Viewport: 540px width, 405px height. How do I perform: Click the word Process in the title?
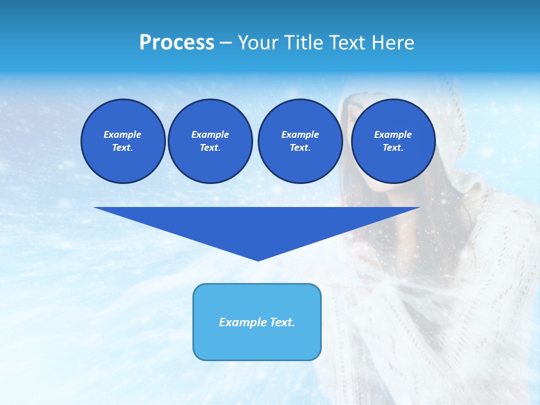(177, 43)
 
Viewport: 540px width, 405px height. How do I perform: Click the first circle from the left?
(123, 141)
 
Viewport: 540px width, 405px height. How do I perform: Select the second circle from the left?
(210, 141)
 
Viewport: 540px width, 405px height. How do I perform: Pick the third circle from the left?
(300, 141)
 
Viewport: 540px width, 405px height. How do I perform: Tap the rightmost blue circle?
(393, 141)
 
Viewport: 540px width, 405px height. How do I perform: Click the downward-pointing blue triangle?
(257, 225)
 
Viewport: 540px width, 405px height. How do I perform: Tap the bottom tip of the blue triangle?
(258, 259)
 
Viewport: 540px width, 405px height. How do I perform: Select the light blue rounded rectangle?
(257, 322)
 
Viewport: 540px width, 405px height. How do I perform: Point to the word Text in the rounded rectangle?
(282, 322)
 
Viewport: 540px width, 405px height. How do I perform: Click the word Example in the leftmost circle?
(123, 134)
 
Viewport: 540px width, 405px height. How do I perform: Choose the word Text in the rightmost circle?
(393, 148)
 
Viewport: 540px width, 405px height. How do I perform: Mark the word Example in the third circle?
(300, 134)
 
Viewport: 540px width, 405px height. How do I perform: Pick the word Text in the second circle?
(210, 148)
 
